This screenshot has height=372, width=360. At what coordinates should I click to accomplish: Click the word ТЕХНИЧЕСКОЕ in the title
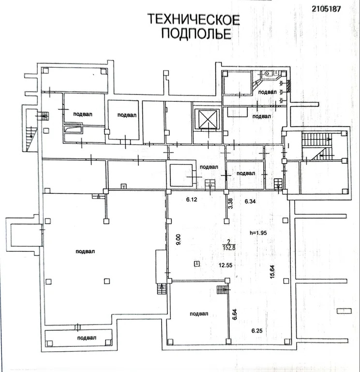pos(194,19)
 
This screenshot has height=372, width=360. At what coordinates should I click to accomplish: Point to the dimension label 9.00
pos(178,240)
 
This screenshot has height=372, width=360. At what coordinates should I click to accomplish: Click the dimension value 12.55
pos(226,265)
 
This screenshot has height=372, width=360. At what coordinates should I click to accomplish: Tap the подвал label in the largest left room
pos(86,251)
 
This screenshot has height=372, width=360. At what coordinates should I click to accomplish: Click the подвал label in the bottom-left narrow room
pos(86,338)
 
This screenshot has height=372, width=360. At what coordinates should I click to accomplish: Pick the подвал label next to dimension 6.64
pos(198,313)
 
